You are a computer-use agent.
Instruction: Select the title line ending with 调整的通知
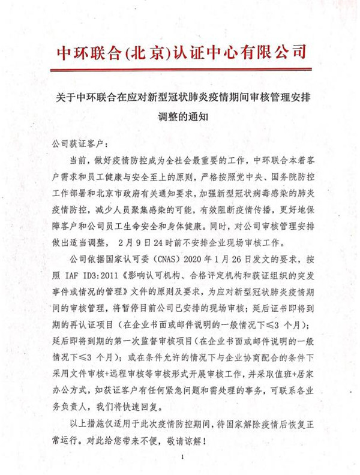(x=181, y=118)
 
